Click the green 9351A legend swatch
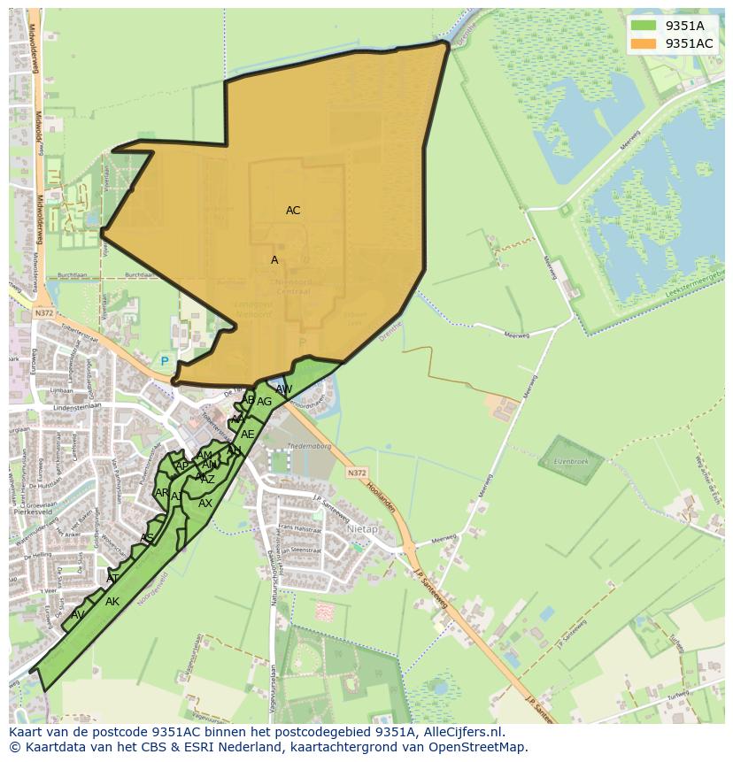pos(644,26)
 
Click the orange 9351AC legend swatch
pos(644,43)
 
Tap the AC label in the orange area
pos(293,211)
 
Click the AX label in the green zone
pos(205,504)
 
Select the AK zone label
pos(112,602)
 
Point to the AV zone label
pos(78,615)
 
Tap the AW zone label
pos(283,389)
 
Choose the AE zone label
pos(248,435)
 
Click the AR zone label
pos(162,493)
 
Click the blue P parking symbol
pos(164,361)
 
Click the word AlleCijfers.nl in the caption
pos(451,733)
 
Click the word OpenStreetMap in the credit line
pos(483,747)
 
